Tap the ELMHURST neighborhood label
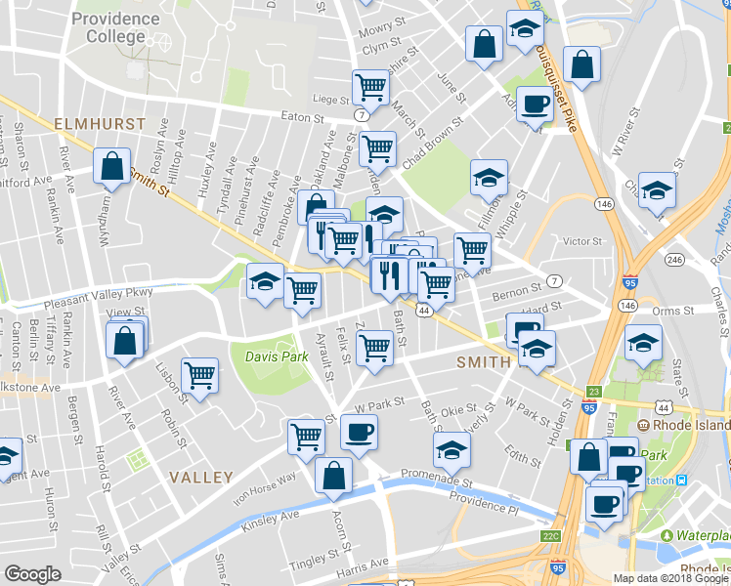click(99, 125)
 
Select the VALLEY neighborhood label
click(200, 478)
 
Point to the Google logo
click(31, 574)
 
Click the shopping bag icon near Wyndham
click(112, 166)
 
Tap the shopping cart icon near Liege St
click(371, 88)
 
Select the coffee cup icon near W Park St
click(359, 432)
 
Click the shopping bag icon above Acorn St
click(333, 476)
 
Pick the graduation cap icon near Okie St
click(451, 449)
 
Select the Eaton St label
click(302, 117)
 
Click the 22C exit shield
click(551, 536)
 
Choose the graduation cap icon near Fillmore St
click(489, 178)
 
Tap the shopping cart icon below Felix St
click(374, 348)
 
